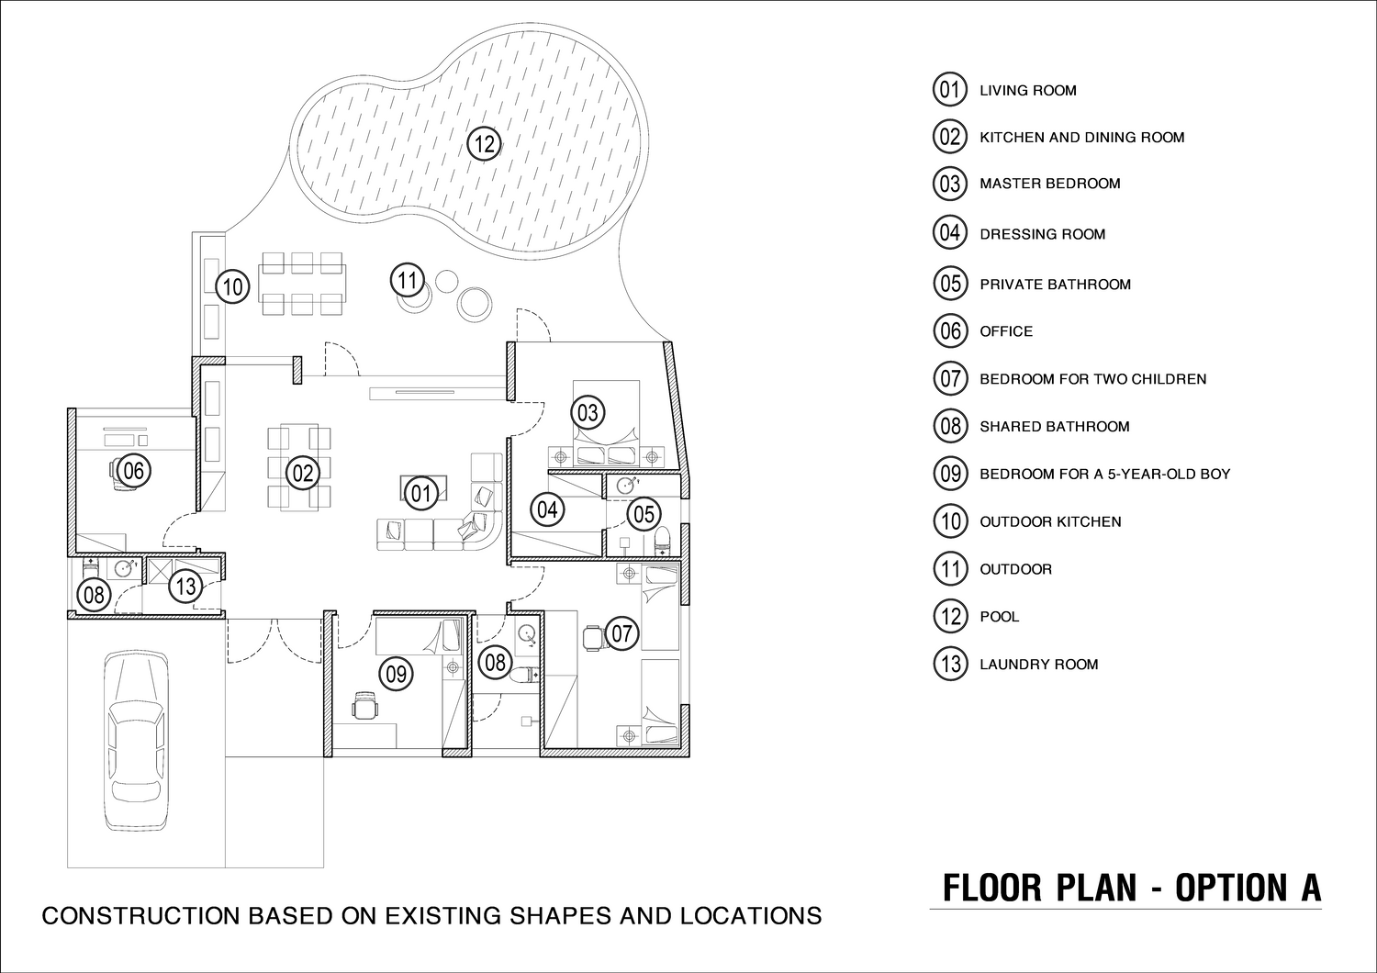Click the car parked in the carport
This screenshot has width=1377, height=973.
coord(136,741)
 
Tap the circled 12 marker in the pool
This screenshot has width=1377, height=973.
coord(485,144)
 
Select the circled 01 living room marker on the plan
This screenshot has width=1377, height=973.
coord(421,493)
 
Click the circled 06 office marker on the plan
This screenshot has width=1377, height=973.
coord(133,471)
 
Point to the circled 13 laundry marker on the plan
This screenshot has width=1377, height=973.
coord(185,586)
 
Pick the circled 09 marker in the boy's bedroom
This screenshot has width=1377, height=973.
coord(396,675)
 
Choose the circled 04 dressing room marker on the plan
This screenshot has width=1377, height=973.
coord(547,509)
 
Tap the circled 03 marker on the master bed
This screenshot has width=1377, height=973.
coord(588,412)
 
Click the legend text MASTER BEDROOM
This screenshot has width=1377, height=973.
coord(1050,184)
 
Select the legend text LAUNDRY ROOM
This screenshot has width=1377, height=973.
coord(1039,665)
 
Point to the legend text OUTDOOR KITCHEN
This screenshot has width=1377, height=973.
coord(1050,522)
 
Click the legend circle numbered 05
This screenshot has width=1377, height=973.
coord(950,284)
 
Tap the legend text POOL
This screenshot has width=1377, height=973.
coord(1000,617)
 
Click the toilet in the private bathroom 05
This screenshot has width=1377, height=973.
coord(662,541)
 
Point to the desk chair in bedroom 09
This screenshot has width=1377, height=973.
coord(365,705)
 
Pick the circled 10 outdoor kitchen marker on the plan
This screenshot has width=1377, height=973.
coord(232,286)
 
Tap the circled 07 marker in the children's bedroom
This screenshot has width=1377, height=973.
coord(621,633)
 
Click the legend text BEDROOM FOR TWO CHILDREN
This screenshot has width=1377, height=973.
coord(1093,379)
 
